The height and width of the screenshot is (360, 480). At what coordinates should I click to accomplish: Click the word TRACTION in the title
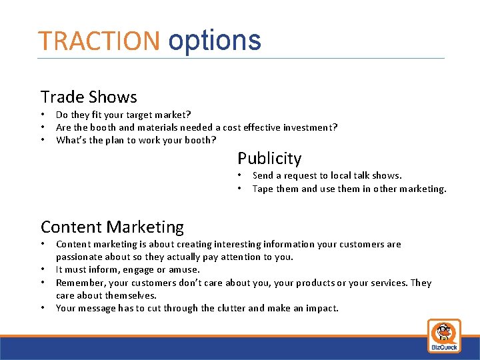click(x=99, y=41)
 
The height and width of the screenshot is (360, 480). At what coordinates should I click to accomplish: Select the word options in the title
click(x=215, y=41)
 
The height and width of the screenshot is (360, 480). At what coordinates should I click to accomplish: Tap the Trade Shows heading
click(x=89, y=97)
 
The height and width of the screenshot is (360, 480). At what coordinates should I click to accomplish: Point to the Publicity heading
click(x=269, y=159)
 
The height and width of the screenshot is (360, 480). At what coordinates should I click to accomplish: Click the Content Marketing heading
click(x=112, y=227)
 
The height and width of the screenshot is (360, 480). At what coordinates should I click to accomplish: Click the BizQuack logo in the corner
click(x=443, y=335)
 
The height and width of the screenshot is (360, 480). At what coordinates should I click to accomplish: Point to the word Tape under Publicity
click(x=263, y=189)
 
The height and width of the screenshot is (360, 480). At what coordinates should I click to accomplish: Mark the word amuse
click(x=185, y=270)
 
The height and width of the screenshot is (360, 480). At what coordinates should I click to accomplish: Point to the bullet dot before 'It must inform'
click(x=44, y=270)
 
